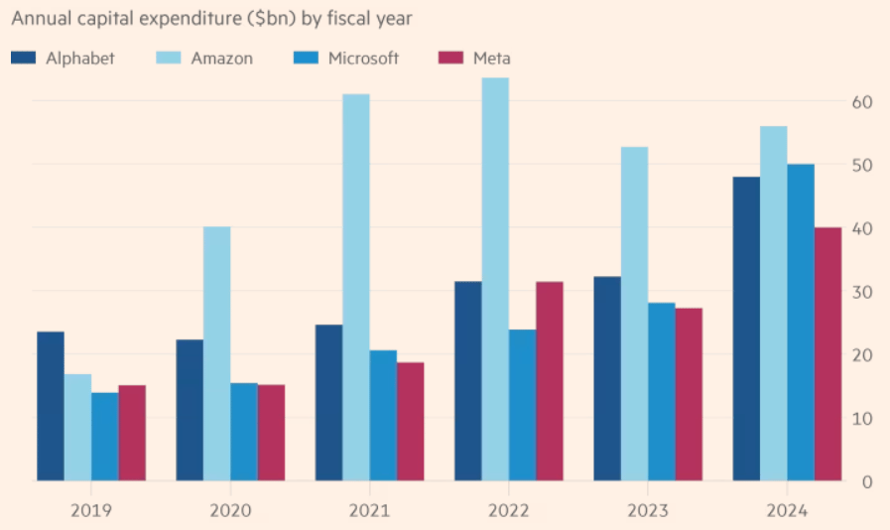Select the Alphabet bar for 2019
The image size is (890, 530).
51,406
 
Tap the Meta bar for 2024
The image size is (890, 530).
827,354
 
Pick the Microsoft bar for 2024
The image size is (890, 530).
801,323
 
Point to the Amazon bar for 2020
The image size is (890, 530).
216,353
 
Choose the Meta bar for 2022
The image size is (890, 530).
550,381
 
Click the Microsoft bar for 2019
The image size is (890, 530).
105,437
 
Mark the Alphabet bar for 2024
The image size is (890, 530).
746,329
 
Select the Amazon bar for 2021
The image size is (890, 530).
356,288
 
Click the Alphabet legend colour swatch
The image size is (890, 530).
24,59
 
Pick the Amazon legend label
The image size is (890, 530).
223,59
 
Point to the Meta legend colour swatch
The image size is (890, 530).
450,59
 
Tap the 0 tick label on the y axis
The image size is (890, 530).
866,482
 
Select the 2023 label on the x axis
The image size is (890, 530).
648,510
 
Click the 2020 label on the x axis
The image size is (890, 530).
230,510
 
